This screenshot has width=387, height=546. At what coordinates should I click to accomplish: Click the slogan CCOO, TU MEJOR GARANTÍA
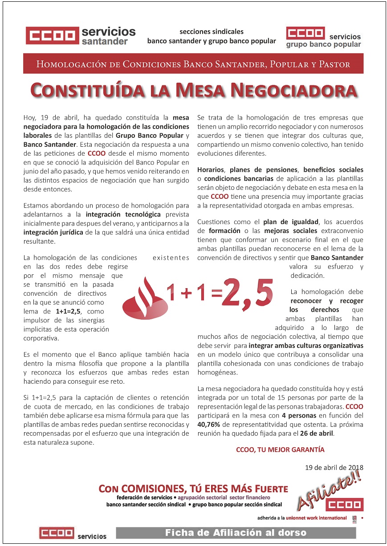(x=280, y=450)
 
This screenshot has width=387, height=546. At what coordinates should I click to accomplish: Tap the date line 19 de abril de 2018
(x=334, y=467)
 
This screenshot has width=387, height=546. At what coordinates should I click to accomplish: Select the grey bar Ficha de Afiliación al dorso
(x=236, y=532)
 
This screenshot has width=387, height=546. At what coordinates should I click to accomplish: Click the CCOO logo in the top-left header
(x=52, y=36)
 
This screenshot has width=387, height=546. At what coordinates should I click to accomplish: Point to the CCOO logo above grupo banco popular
(x=306, y=33)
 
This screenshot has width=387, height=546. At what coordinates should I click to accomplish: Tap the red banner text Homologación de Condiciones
(x=193, y=64)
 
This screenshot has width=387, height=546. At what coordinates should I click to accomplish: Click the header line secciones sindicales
(x=212, y=32)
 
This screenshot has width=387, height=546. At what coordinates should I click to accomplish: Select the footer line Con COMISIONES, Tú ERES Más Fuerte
(x=193, y=489)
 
